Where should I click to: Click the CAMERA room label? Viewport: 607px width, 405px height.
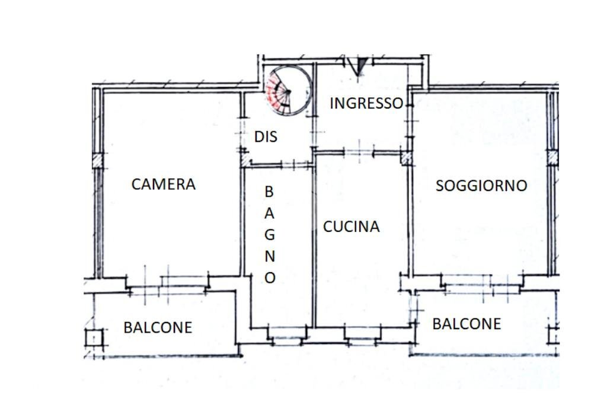click(163, 184)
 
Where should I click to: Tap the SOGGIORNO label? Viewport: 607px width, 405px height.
click(481, 186)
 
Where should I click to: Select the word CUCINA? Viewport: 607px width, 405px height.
click(351, 227)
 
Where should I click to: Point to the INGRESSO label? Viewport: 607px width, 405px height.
click(366, 103)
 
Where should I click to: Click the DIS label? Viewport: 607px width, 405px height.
click(266, 137)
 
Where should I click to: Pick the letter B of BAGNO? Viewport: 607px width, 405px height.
click(269, 192)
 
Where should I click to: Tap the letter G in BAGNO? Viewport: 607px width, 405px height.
click(270, 234)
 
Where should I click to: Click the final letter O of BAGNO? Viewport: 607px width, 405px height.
click(270, 278)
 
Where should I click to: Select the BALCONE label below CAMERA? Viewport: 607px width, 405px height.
click(158, 327)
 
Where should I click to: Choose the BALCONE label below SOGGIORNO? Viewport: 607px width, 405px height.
click(467, 324)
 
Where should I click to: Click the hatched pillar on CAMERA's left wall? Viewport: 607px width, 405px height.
click(98, 160)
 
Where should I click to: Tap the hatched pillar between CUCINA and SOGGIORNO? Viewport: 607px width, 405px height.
click(407, 158)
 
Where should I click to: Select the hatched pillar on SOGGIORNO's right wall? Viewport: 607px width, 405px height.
click(552, 158)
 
